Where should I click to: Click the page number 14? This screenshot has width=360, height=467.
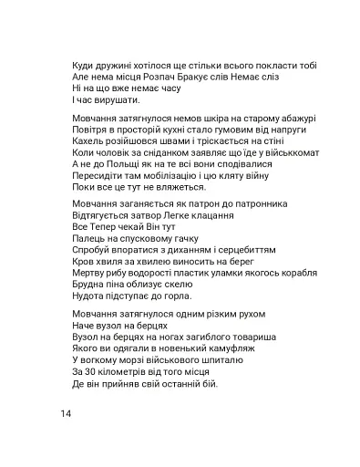pyautogui.click(x=65, y=413)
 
